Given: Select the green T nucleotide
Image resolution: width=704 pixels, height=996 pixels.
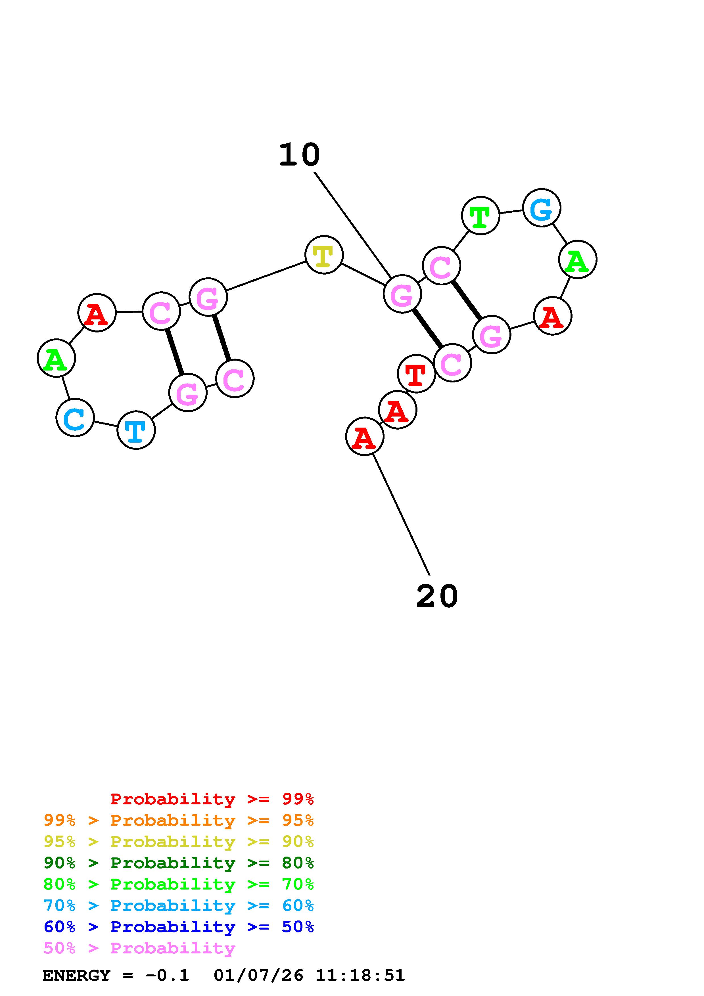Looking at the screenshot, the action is pyautogui.click(x=480, y=215).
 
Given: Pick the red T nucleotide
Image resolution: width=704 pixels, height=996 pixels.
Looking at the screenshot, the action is pyautogui.click(x=416, y=374).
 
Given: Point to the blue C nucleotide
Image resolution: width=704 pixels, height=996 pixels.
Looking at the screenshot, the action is pyautogui.click(x=75, y=418).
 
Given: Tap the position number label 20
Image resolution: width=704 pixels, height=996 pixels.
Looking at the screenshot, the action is pyautogui.click(x=437, y=597).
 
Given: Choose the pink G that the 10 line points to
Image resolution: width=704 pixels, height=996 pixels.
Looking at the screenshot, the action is pyautogui.click(x=402, y=294).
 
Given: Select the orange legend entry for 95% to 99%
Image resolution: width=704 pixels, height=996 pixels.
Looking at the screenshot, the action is pyautogui.click(x=179, y=820).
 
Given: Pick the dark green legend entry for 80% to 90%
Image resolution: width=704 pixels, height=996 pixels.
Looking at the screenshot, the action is pyautogui.click(x=179, y=863).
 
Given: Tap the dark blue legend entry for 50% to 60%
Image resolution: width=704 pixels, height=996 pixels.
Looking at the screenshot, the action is pyautogui.click(x=179, y=927).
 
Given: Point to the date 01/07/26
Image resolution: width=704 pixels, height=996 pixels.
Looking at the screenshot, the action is pyautogui.click(x=258, y=975).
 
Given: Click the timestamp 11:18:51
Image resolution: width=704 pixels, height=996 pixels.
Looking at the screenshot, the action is pyautogui.click(x=360, y=975).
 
